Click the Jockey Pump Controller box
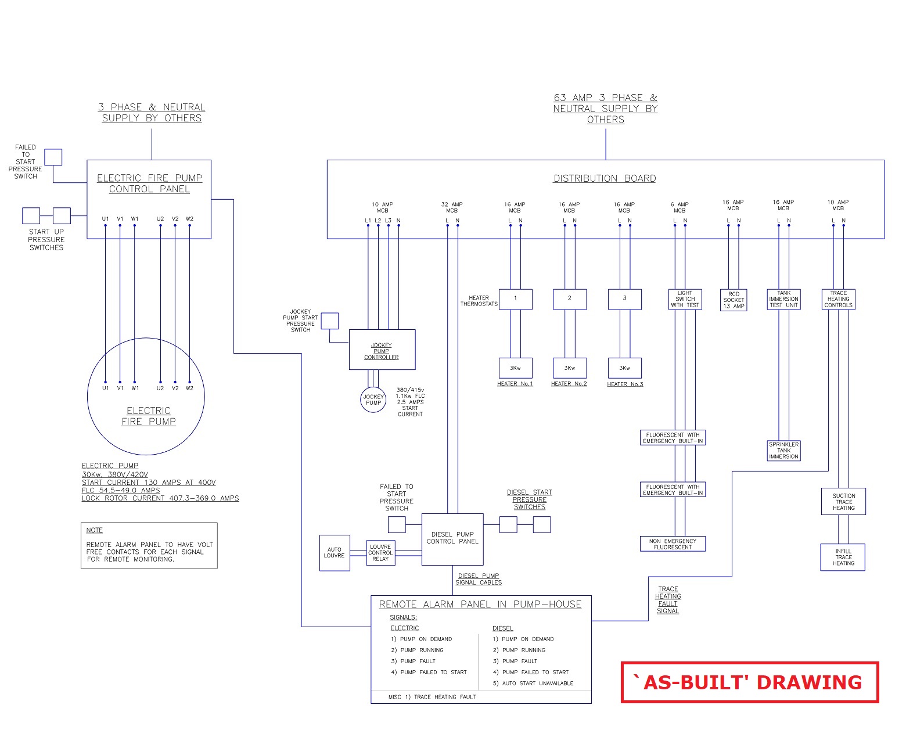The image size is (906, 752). click(382, 350)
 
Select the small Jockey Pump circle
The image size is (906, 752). click(373, 400)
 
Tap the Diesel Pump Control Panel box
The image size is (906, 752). click(452, 539)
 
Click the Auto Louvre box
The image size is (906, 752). click(335, 553)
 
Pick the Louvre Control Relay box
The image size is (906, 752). click(380, 553)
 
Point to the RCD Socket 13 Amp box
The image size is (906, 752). click(734, 300)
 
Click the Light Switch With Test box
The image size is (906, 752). click(685, 299)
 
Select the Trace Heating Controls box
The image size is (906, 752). click(838, 299)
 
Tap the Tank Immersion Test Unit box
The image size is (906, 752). click(783, 299)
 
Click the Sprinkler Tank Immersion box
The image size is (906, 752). click(783, 451)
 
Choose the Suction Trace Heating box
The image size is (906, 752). click(843, 502)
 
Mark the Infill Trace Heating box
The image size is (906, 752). click(843, 557)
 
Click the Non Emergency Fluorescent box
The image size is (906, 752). click(673, 544)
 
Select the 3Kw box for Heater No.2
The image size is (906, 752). click(569, 368)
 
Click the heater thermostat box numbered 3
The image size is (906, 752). click(624, 299)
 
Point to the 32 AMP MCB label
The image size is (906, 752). click(452, 207)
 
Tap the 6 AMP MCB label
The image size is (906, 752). click(679, 207)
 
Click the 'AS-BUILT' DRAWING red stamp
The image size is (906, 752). click(749, 682)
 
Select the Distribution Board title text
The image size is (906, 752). click(604, 178)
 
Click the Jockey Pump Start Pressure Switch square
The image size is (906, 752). click(330, 321)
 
